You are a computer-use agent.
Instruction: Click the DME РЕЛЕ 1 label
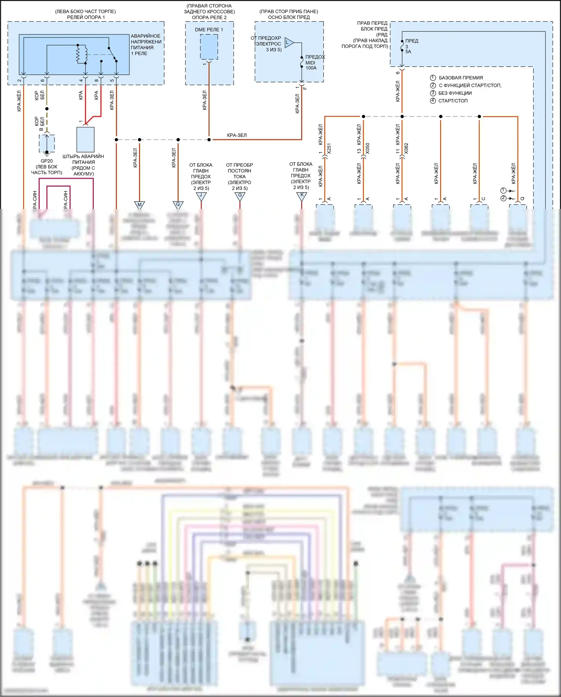[x=209, y=30]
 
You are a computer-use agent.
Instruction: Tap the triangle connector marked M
[x=140, y=204]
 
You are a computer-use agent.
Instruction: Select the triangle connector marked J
[x=201, y=195]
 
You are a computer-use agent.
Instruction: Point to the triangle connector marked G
[x=240, y=195]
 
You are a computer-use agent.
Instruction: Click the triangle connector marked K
[x=302, y=195]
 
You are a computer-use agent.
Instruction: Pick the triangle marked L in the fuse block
[x=289, y=42]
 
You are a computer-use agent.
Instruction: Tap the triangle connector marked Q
[x=178, y=204]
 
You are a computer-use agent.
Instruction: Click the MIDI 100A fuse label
[x=311, y=65]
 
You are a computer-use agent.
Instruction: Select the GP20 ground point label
[x=47, y=161]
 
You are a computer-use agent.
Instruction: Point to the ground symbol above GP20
[x=47, y=152]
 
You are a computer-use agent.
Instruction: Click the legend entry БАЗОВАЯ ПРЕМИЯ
[x=460, y=78]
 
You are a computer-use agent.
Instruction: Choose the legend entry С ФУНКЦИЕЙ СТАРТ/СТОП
[x=470, y=85]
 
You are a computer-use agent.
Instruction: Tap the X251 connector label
[x=329, y=149]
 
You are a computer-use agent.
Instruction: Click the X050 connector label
[x=368, y=149]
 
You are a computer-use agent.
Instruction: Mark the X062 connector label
[x=406, y=149]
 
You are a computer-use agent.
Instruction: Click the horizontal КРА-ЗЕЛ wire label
[x=237, y=135]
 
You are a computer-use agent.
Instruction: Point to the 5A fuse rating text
[x=408, y=52]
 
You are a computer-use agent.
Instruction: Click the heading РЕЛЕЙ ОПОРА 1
[x=86, y=17]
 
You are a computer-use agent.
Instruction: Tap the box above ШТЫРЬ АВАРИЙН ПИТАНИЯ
[x=85, y=139]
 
